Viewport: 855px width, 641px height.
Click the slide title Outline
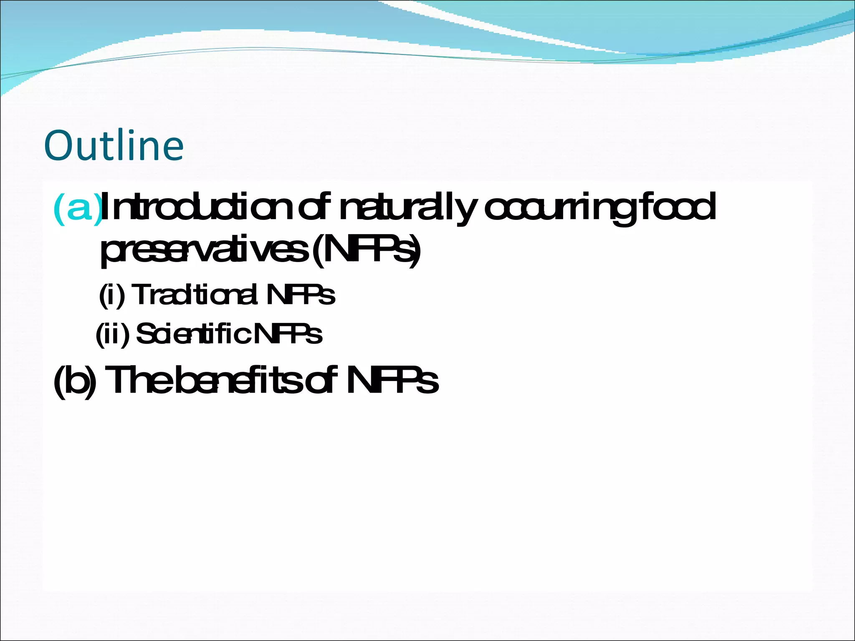[114, 146]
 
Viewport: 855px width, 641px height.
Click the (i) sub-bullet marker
[112, 295]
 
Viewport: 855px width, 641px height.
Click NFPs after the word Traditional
[300, 295]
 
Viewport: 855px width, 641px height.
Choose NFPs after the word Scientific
[288, 334]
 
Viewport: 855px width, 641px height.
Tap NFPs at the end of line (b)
[392, 380]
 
